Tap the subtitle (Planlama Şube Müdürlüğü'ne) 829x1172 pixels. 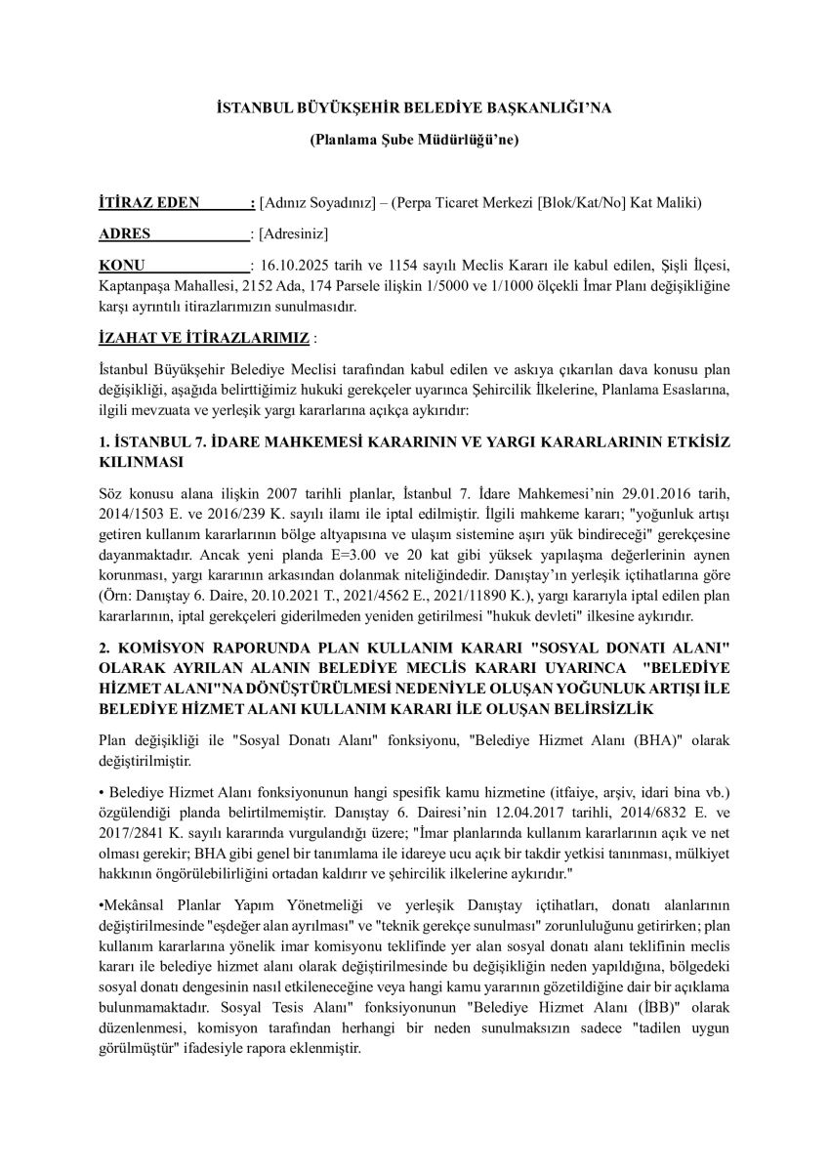(414, 140)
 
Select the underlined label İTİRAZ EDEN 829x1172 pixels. (149, 202)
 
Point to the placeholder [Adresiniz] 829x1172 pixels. (293, 233)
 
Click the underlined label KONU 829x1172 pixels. (122, 265)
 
